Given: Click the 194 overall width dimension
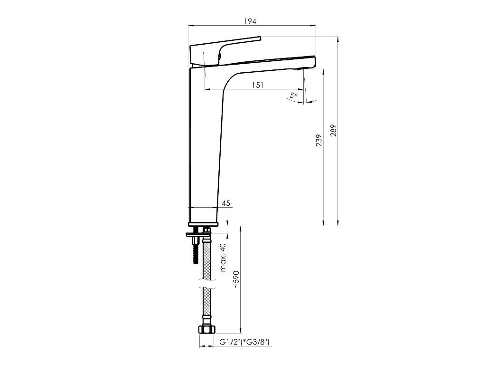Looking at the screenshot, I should (250, 21).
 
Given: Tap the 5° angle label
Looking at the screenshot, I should (294, 96).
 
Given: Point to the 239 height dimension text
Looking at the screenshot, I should (319, 140).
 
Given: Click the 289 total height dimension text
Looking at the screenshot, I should (333, 131).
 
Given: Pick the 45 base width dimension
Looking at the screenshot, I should (226, 203).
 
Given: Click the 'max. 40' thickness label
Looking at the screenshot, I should (224, 258).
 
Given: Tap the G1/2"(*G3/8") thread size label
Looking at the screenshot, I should (244, 342).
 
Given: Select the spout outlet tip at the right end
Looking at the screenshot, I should (311, 62).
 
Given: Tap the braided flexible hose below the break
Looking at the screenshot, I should (206, 307).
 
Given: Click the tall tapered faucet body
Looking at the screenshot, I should (205, 143).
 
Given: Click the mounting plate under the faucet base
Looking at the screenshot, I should (197, 235).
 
